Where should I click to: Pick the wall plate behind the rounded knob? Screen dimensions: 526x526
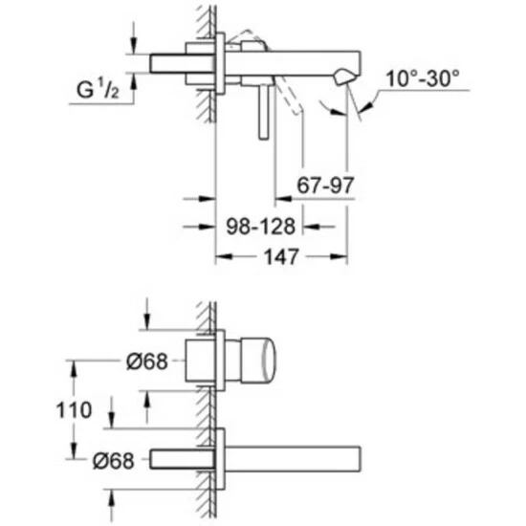(221, 361)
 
